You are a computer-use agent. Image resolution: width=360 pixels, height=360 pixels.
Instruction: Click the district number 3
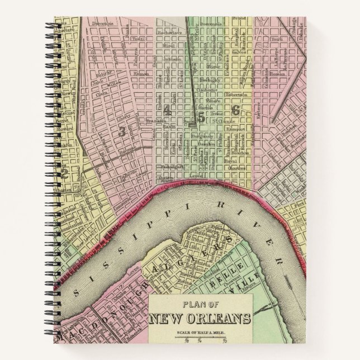click(x=122, y=131)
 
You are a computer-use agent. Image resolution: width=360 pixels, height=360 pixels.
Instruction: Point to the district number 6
click(x=235, y=110)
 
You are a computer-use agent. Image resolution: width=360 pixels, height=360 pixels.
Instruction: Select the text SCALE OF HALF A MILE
click(x=198, y=334)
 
